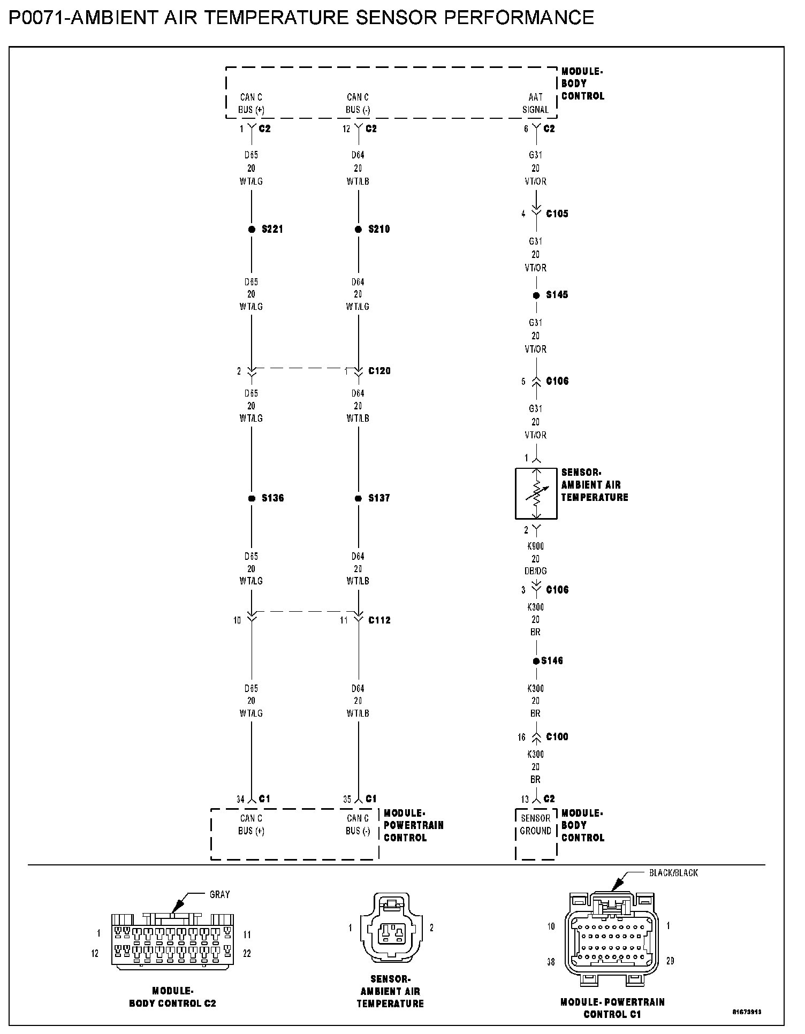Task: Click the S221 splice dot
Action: [x=252, y=230]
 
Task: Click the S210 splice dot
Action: [x=359, y=230]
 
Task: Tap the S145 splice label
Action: [x=557, y=295]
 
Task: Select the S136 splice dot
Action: [x=252, y=498]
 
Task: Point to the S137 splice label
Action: [x=379, y=498]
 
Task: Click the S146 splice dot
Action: [x=536, y=662]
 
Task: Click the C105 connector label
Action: [x=557, y=214]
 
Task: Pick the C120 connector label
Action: [x=379, y=371]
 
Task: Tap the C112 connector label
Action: [x=379, y=620]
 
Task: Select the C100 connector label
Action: [x=557, y=737]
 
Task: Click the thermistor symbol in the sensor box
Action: [x=536, y=493]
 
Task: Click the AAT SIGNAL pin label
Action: [x=536, y=103]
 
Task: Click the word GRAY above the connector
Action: [x=219, y=894]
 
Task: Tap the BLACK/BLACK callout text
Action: [x=673, y=873]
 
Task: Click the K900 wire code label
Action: [x=536, y=546]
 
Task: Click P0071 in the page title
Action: [x=36, y=18]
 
